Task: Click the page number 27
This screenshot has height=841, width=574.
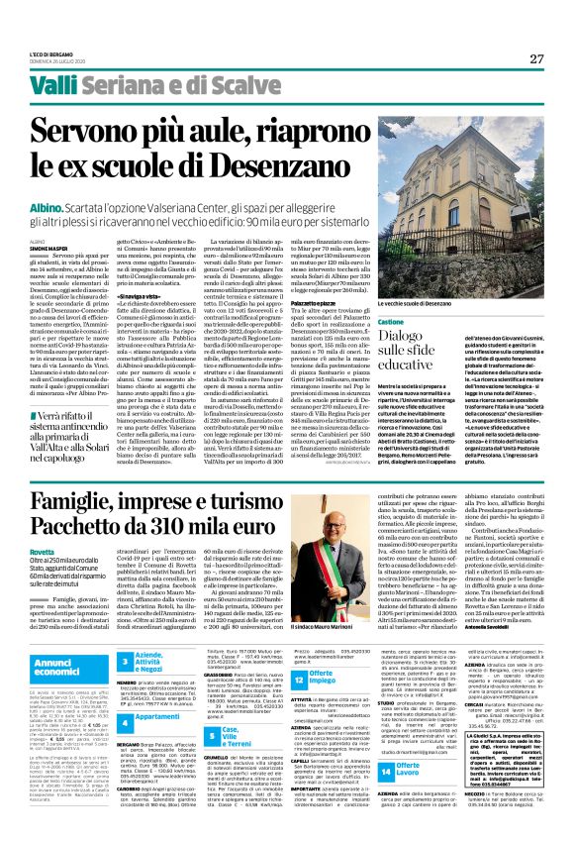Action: [536, 58]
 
